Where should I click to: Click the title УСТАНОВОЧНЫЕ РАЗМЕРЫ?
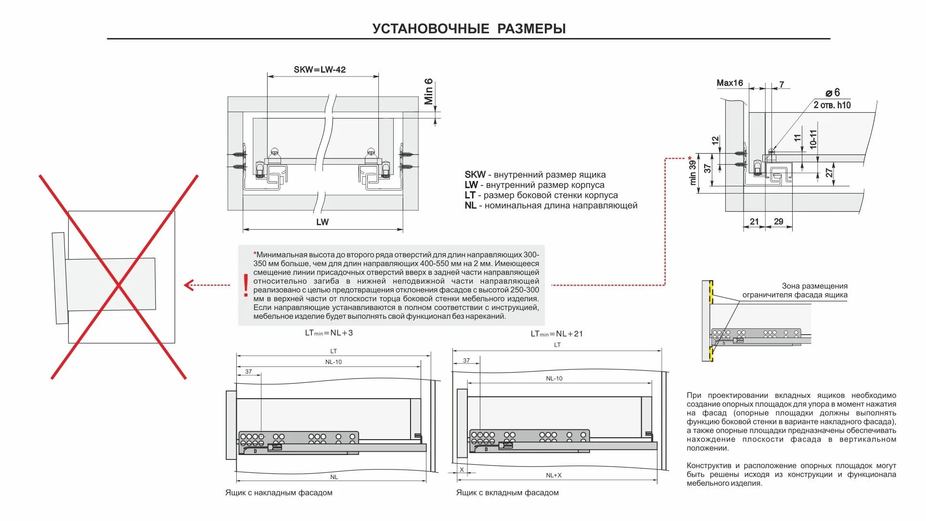(469, 28)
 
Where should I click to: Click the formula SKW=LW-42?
(320, 69)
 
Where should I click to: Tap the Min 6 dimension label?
(428, 91)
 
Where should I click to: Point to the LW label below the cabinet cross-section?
(322, 222)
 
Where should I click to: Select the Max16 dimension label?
(729, 83)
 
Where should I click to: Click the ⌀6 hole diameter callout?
(832, 92)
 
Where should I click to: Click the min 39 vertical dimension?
(693, 172)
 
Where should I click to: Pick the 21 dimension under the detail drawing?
(754, 221)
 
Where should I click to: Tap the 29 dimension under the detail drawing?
(778, 221)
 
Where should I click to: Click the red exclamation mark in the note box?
(246, 285)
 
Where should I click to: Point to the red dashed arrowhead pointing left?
(189, 285)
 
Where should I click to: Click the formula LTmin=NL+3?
(329, 333)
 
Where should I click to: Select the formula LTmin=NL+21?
(556, 334)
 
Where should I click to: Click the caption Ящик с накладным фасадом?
(279, 493)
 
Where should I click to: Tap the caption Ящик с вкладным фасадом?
(507, 493)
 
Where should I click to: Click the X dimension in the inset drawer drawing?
(462, 469)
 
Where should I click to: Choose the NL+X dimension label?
(553, 475)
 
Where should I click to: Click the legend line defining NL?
(551, 206)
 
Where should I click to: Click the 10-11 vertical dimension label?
(813, 139)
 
